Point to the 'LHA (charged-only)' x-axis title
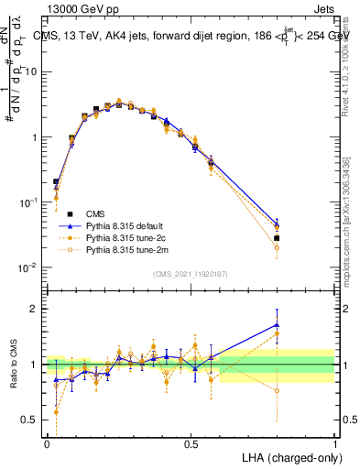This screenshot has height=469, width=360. [290, 456]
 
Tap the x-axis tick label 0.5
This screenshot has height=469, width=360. [191, 443]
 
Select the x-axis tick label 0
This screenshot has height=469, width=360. [47, 443]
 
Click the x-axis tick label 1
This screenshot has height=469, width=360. [334, 443]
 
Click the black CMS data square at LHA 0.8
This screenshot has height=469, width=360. [277, 238]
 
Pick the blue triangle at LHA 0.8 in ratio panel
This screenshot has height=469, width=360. [277, 324]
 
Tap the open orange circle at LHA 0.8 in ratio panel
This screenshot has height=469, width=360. [277, 390]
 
